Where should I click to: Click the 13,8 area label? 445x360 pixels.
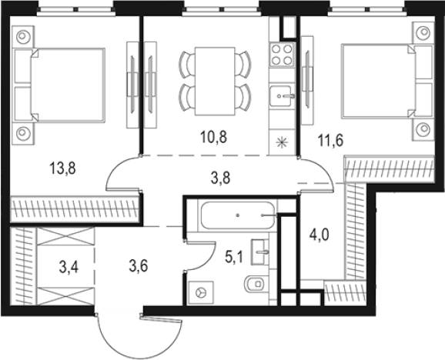point(62,168)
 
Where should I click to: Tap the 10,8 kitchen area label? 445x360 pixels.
point(213,137)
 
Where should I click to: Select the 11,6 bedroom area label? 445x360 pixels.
point(330,140)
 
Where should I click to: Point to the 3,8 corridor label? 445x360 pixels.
point(220,178)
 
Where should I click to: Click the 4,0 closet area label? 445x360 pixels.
point(320,235)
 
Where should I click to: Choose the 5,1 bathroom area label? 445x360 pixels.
point(234,257)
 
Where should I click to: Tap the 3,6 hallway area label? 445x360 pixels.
point(139,266)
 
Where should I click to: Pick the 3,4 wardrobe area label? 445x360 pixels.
point(69,267)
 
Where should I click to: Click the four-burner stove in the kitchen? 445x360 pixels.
point(282,55)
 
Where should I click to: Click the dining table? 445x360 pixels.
point(215,82)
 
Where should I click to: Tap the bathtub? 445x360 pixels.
point(238,215)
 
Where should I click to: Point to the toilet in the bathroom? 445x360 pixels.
point(255,283)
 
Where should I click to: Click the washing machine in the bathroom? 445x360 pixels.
point(201,292)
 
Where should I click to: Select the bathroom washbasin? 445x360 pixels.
point(259,252)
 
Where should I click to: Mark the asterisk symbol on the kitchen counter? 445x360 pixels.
point(283,142)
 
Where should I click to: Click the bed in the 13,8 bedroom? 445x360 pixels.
point(68,85)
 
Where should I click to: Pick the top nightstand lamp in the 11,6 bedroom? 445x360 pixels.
point(423,32)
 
